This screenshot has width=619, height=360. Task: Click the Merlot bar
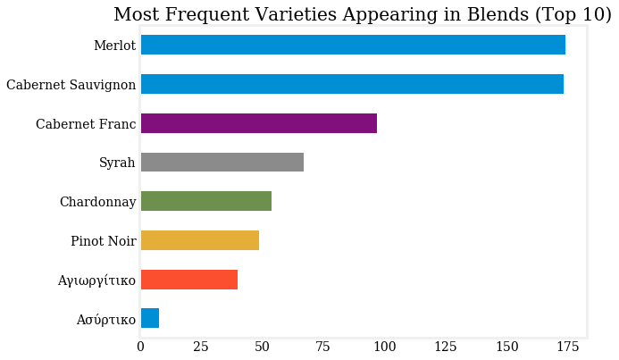(x=353, y=45)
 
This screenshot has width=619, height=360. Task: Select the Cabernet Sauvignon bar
(x=352, y=84)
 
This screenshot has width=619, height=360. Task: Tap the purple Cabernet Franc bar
(x=259, y=123)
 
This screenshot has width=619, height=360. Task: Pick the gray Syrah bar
(x=222, y=162)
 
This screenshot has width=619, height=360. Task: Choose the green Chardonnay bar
(x=206, y=201)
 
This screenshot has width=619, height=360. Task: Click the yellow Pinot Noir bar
(x=200, y=240)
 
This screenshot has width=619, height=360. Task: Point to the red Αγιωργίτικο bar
(x=189, y=280)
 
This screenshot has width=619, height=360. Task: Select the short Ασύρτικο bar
(x=150, y=319)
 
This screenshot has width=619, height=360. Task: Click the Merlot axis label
(x=114, y=46)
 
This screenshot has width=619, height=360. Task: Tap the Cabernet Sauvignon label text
(x=71, y=85)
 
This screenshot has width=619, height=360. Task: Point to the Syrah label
(x=117, y=163)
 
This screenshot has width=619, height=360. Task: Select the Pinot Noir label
(x=103, y=241)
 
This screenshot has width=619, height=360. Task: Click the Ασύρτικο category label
(x=105, y=320)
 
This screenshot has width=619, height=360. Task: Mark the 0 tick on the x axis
(x=141, y=347)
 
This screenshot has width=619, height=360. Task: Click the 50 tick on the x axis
(x=263, y=347)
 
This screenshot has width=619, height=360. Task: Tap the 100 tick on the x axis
(x=385, y=347)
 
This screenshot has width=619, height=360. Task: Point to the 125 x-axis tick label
(x=446, y=347)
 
